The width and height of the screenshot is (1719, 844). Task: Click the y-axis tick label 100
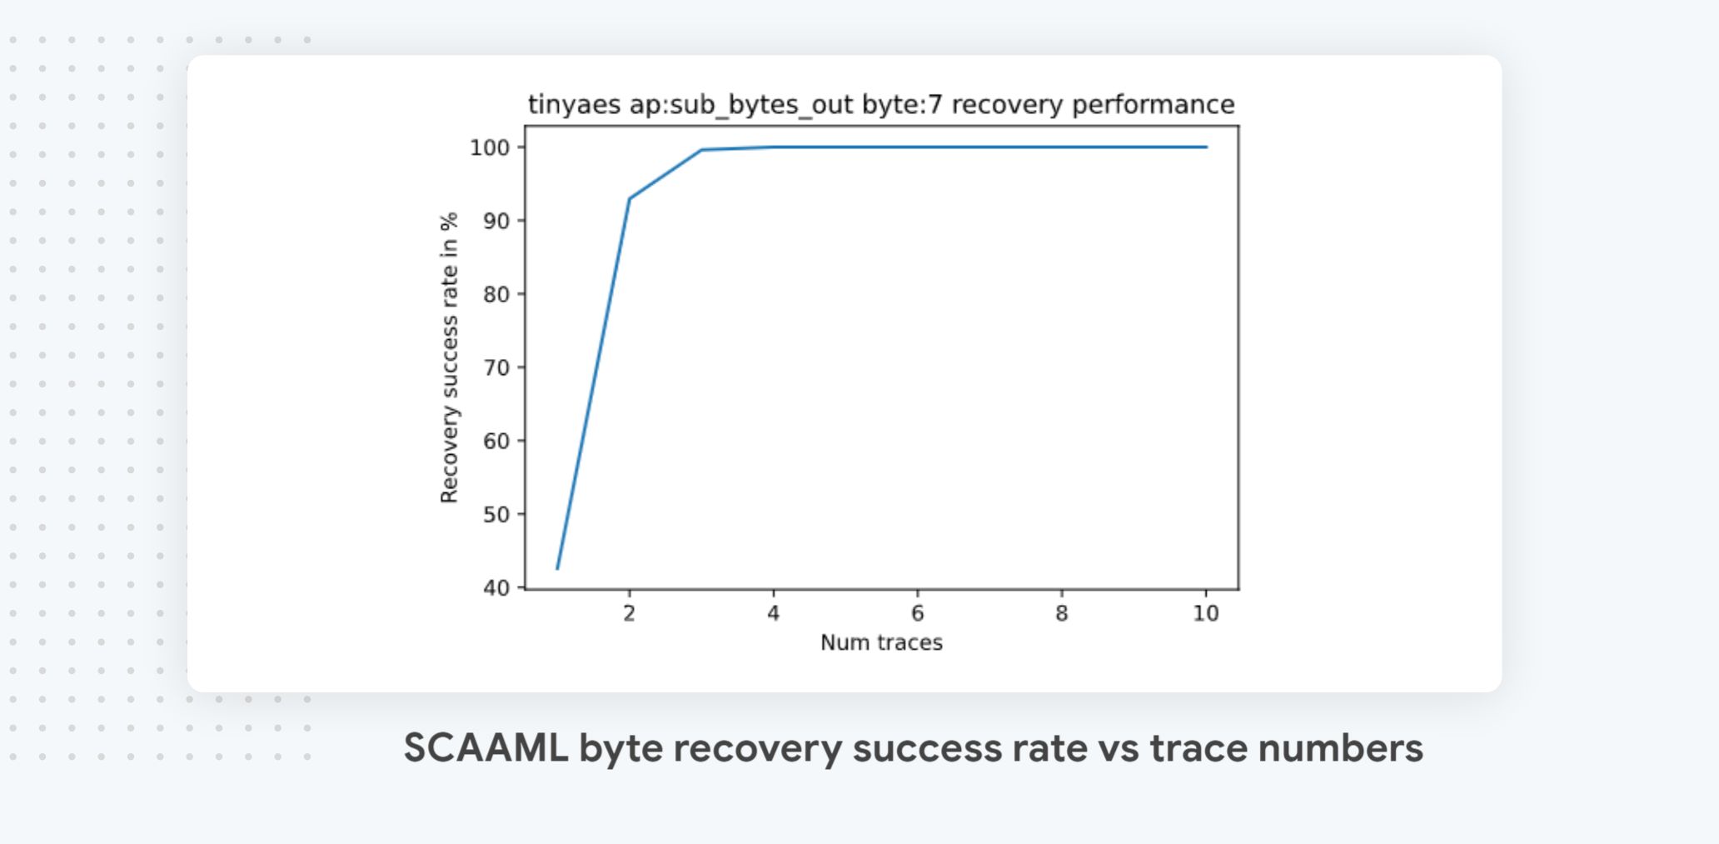click(x=489, y=148)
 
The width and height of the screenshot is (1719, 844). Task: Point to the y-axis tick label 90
click(x=496, y=221)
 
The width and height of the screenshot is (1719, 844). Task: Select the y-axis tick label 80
click(x=496, y=294)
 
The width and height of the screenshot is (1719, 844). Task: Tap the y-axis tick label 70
click(x=496, y=367)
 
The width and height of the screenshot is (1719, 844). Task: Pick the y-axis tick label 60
click(x=496, y=441)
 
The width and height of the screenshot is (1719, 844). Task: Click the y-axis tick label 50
click(x=496, y=514)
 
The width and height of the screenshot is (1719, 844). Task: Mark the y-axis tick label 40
click(x=496, y=588)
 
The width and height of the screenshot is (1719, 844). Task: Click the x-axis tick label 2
click(x=629, y=614)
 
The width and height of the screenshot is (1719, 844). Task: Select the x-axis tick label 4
click(x=773, y=614)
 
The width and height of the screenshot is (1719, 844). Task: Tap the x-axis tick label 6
click(x=917, y=614)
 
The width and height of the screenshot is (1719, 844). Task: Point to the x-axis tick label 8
click(x=1061, y=614)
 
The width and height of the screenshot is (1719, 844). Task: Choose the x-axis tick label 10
click(x=1205, y=614)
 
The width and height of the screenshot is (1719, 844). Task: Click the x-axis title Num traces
click(x=881, y=642)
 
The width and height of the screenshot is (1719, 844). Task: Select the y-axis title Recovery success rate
click(x=449, y=358)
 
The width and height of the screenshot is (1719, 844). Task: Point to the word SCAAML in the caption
click(x=486, y=747)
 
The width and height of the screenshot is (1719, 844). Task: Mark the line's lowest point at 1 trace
click(x=557, y=569)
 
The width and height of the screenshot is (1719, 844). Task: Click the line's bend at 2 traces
click(x=629, y=198)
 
